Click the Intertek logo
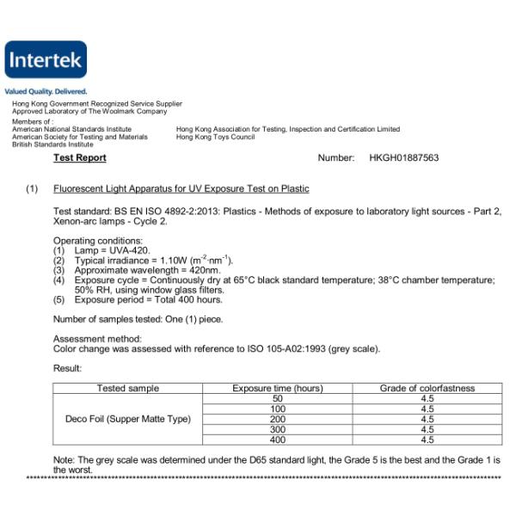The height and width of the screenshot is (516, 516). (x=46, y=60)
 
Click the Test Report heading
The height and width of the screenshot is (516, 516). (x=80, y=158)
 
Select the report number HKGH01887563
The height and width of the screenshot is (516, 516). (x=403, y=158)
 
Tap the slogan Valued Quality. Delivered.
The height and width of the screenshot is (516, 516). (x=46, y=91)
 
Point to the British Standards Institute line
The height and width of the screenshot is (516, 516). (x=52, y=144)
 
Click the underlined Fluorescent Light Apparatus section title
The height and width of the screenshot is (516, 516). (x=181, y=188)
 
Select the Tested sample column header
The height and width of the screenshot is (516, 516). (x=127, y=389)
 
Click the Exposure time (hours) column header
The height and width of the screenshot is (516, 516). (x=277, y=389)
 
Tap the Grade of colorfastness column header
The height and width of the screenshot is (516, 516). (x=427, y=389)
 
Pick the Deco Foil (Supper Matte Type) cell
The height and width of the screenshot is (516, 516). (x=127, y=420)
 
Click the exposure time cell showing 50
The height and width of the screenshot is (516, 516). (x=277, y=399)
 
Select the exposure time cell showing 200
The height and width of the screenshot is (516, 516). (x=277, y=420)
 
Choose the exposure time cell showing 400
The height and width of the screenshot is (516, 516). (x=277, y=440)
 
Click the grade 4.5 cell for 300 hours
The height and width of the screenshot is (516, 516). (x=427, y=430)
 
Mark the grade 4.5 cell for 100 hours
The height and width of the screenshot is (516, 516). (x=427, y=409)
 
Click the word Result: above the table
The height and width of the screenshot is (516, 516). (x=67, y=368)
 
